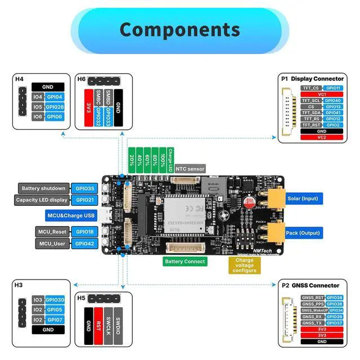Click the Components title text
[179, 29]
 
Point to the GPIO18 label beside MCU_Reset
[85, 232]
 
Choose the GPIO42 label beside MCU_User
[85, 244]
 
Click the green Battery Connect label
[185, 262]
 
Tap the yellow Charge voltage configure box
[245, 265]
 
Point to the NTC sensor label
[190, 168]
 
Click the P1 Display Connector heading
[312, 79]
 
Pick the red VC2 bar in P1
[322, 137]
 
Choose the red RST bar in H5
[98, 325]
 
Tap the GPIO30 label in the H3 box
[55, 300]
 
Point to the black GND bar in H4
[48, 87]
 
